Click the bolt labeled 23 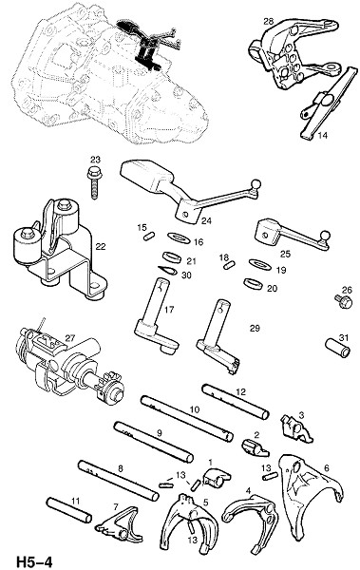[94, 182]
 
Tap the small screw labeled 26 [344, 301]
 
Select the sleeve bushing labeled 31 [337, 348]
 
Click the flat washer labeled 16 [179, 238]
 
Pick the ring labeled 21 [172, 257]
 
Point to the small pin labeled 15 [147, 237]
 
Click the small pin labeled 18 [229, 265]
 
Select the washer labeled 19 [259, 264]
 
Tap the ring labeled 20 [254, 283]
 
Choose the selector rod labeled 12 [236, 402]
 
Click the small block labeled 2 [255, 447]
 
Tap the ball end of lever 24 [256, 184]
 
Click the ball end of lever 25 [325, 236]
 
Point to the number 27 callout [70, 337]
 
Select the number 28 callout [268, 22]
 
